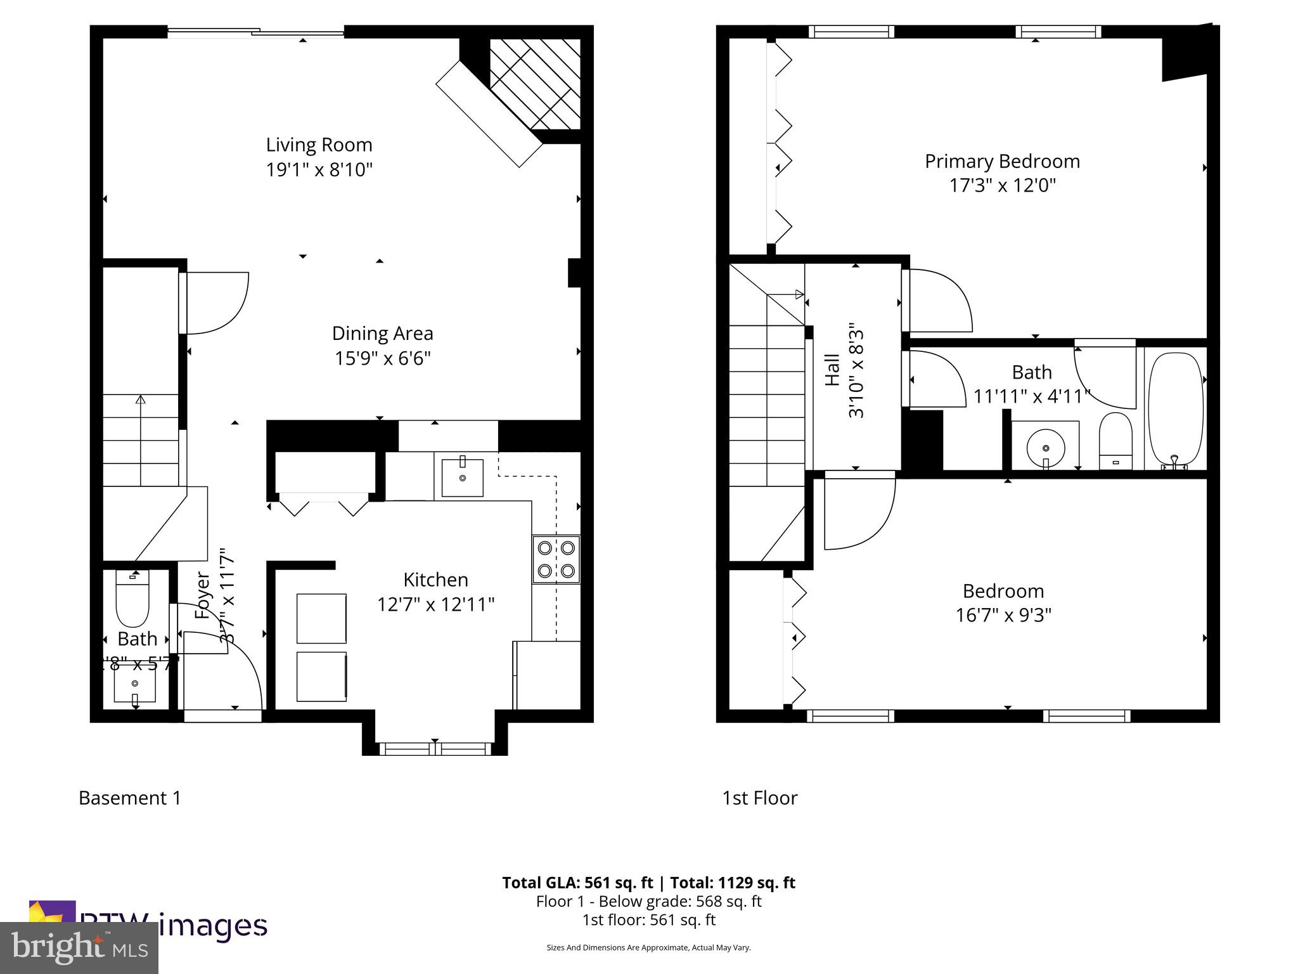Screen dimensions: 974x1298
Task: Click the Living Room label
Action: [319, 145]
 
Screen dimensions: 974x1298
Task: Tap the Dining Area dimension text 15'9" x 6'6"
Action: [382, 358]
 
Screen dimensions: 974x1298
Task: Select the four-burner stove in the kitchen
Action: [556, 559]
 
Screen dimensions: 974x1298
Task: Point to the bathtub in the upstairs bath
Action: [1175, 409]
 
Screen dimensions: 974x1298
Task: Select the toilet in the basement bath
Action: [132, 597]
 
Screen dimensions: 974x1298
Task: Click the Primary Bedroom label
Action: [1002, 161]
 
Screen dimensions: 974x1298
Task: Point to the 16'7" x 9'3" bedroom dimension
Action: [1003, 615]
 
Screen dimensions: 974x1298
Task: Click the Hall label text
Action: [832, 370]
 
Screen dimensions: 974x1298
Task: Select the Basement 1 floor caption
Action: [130, 798]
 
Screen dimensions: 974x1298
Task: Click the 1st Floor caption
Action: [759, 798]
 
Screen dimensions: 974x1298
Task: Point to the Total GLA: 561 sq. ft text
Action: [577, 883]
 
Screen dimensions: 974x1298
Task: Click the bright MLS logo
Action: [79, 947]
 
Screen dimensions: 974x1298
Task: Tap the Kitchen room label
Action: [435, 580]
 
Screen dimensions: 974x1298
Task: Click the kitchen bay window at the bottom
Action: [435, 749]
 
